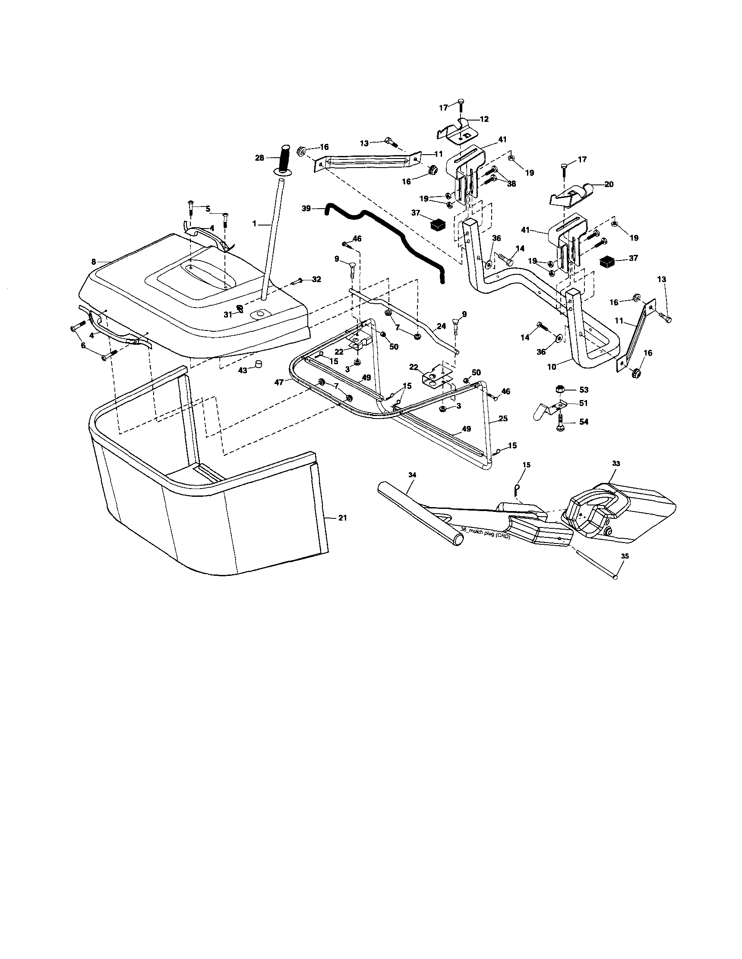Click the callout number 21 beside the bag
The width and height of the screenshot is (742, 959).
coord(343,518)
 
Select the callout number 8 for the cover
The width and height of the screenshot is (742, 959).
coord(94,262)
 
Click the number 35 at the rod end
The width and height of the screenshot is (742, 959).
coord(625,556)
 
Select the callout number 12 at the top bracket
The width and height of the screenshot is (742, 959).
coord(484,119)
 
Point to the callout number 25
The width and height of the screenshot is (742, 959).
coord(503,419)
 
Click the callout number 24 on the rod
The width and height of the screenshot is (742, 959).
coord(442,327)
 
